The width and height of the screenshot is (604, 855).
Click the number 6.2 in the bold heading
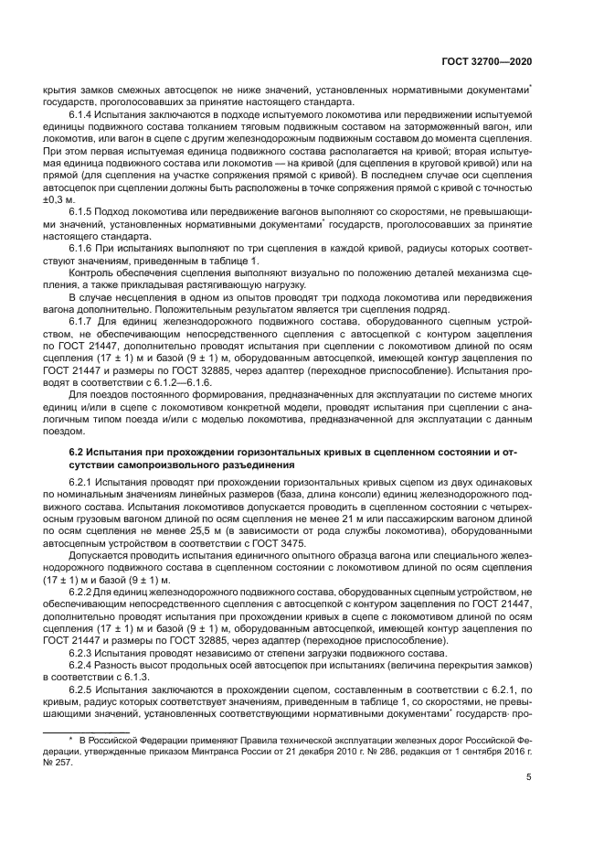[x=79, y=453]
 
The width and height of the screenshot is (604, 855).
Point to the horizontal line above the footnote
[x=101, y=727]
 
